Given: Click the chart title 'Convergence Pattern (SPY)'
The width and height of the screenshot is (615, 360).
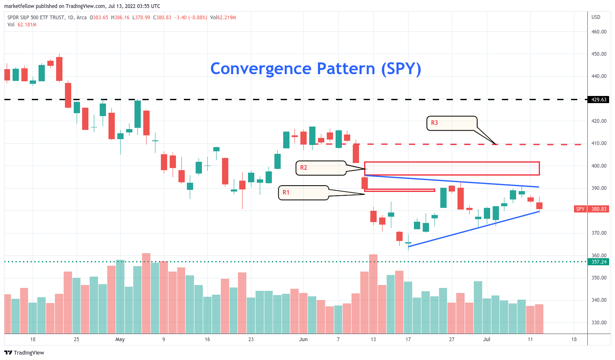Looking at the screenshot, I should click(x=315, y=69).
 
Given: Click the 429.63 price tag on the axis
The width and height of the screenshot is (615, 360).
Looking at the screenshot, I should click(x=599, y=100).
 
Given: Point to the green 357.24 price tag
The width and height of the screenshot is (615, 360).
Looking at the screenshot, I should click(x=599, y=262).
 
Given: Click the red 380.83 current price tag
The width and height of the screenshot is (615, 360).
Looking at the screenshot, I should click(x=599, y=209).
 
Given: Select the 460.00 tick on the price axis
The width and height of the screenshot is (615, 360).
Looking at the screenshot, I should click(x=599, y=32).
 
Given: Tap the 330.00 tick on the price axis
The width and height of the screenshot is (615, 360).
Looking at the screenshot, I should click(x=599, y=323).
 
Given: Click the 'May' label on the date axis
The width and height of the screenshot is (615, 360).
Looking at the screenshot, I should click(x=120, y=339).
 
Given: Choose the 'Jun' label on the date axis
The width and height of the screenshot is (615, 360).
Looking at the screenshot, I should click(x=303, y=339).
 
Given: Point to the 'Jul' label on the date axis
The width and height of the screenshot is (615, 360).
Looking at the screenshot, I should click(x=486, y=339).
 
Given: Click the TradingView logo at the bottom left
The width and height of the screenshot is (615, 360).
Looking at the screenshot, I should click(x=24, y=352).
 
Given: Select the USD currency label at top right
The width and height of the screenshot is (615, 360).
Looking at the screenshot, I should click(x=596, y=17).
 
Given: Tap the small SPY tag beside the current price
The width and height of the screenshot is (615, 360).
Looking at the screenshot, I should click(x=580, y=209).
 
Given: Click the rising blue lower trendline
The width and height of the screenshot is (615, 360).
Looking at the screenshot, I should click(x=473, y=229).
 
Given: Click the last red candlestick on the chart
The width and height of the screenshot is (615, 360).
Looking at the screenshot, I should click(x=539, y=205).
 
